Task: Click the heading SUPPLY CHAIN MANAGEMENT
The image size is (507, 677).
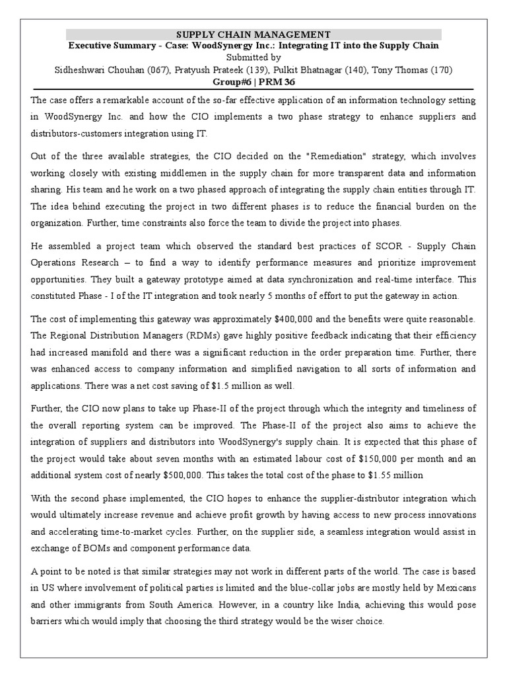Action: (x=253, y=34)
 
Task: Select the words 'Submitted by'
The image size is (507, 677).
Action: (x=253, y=58)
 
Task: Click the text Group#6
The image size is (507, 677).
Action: (x=231, y=82)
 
